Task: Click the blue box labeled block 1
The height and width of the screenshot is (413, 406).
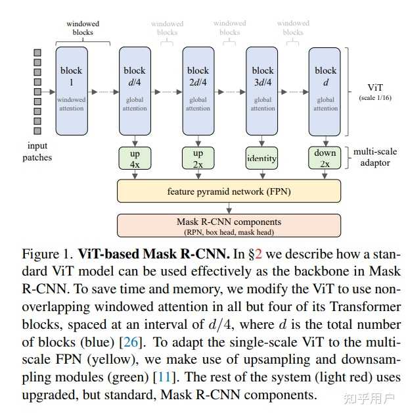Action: pos(72,90)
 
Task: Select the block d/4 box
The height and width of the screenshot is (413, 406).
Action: pos(135,90)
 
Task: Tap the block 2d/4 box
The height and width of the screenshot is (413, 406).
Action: pos(198,90)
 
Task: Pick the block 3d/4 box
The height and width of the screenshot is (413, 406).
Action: pos(262,90)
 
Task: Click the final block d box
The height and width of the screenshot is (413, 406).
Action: pos(325,90)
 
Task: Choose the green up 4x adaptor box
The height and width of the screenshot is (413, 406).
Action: pos(135,158)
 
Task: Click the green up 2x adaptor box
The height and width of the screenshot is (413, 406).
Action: pos(198,158)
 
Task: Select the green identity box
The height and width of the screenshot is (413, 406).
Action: pos(261,158)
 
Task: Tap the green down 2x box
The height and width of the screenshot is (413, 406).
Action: pos(325,158)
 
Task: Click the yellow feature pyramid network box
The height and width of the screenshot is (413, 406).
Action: pos(229,191)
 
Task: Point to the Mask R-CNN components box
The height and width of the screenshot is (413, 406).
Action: pos(229,226)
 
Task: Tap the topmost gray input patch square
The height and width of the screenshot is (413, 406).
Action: pos(37,52)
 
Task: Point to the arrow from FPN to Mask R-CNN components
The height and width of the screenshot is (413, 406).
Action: pos(229,208)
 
